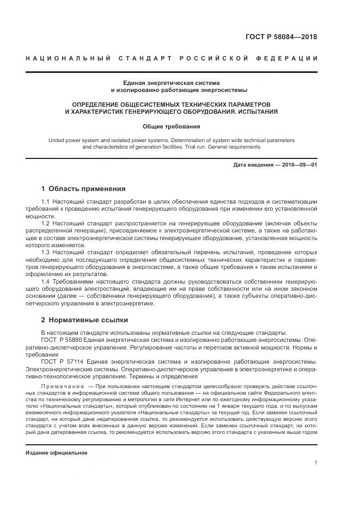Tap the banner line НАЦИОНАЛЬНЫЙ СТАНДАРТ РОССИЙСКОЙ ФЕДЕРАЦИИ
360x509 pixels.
point(179,59)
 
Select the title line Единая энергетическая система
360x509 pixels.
point(179,83)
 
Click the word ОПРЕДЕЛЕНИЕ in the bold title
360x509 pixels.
point(97,103)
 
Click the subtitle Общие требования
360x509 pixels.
point(179,126)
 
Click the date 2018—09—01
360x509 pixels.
point(298,164)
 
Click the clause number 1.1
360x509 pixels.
point(46,202)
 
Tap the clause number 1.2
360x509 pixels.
point(46,223)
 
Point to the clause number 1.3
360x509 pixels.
point(46,252)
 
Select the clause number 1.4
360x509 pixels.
point(46,281)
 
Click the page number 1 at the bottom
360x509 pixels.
point(316,463)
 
